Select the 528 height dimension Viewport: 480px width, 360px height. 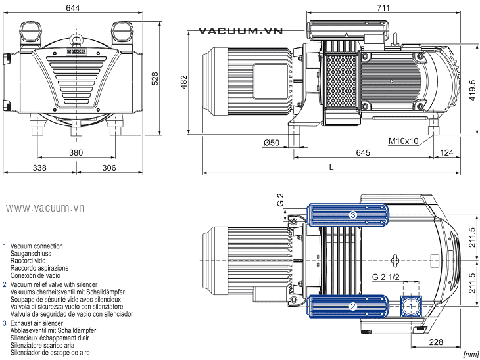156,78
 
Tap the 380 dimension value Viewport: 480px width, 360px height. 76,152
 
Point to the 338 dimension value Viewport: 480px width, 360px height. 39,168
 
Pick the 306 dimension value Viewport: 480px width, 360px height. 109,168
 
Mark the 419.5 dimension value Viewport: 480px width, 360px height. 472,88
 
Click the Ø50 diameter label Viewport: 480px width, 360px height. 272,142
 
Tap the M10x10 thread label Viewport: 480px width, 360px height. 404,141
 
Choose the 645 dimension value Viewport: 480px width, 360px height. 363,153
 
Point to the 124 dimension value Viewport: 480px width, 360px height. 446,153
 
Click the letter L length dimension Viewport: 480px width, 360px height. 331,168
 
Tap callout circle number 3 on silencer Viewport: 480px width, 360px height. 352,215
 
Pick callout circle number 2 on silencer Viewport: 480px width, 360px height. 352,306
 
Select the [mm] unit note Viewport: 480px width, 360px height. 471,354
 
